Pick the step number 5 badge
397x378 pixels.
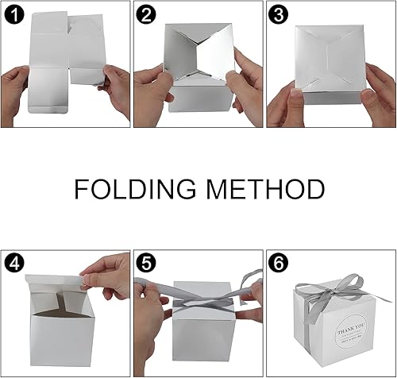click(x=145, y=260)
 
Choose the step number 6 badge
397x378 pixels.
click(x=277, y=260)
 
